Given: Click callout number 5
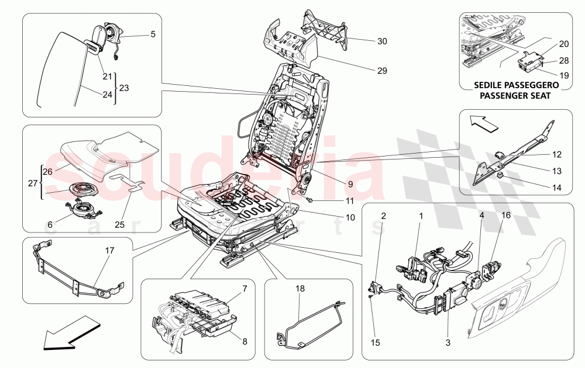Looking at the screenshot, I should (153, 34).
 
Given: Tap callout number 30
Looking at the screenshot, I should (382, 41).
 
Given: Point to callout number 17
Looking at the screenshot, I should (110, 250).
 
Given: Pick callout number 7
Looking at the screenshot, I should (245, 289).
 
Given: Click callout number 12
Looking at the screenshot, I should (556, 155).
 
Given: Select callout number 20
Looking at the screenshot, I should (563, 44).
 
